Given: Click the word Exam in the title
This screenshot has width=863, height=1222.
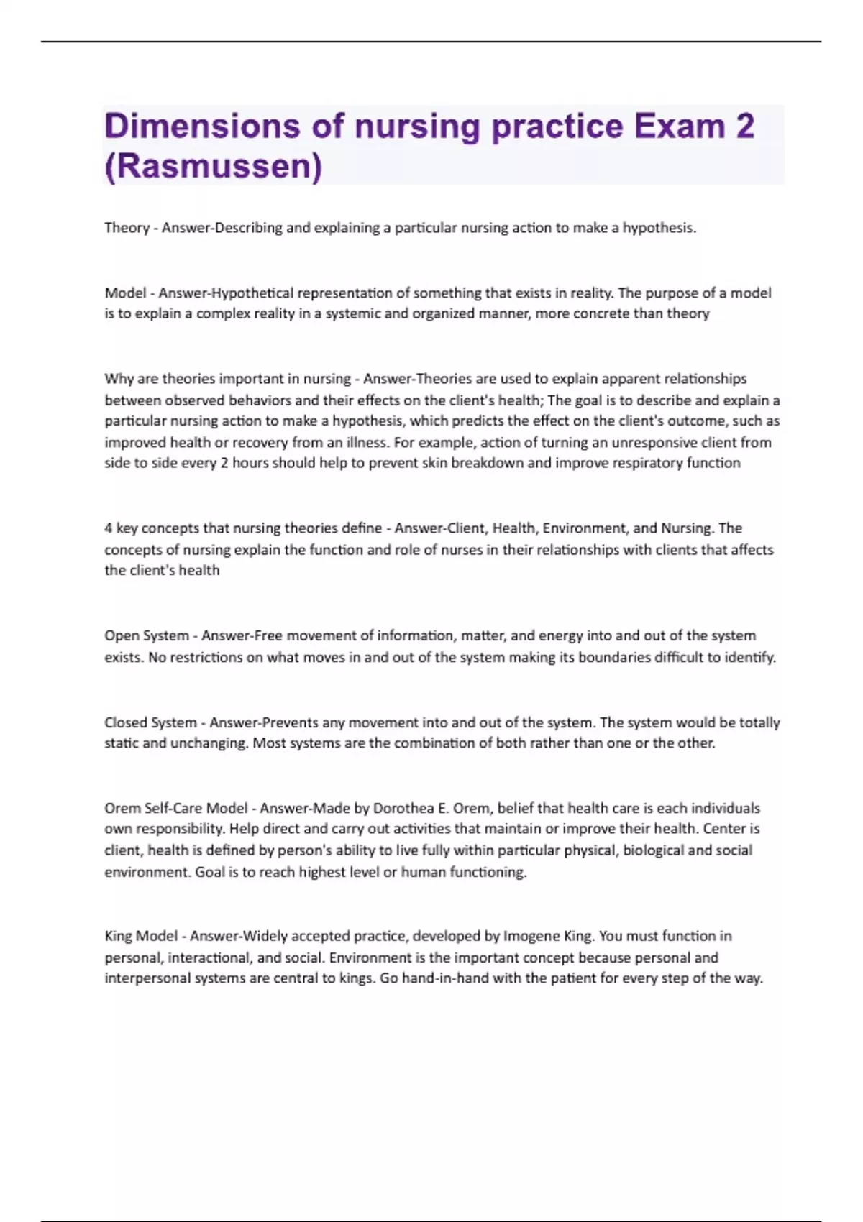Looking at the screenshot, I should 679,127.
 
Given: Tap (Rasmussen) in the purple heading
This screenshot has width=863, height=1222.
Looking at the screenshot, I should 213,167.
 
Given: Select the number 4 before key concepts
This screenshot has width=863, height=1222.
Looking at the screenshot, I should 109,528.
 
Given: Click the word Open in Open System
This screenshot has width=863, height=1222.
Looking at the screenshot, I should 120,636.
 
